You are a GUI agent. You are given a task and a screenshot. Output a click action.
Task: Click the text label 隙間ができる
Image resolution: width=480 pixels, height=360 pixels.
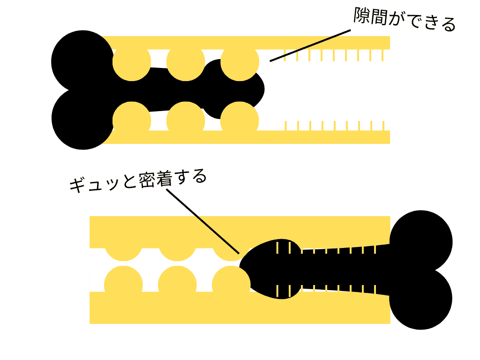405,19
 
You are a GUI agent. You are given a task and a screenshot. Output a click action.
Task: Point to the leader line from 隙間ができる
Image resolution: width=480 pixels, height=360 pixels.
310,45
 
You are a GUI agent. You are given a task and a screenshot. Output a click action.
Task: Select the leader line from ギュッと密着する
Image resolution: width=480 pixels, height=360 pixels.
202,221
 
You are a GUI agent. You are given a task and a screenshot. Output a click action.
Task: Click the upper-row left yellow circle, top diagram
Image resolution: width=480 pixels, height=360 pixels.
132,62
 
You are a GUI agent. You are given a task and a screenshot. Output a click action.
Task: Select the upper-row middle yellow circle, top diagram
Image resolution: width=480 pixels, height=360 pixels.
186,62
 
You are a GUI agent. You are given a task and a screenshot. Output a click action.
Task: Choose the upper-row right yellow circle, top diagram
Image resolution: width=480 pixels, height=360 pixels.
240,62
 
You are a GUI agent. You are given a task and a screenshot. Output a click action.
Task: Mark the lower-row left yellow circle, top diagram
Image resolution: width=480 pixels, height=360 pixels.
132,120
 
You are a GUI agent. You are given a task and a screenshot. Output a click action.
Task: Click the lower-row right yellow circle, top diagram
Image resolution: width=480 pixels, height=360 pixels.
240,120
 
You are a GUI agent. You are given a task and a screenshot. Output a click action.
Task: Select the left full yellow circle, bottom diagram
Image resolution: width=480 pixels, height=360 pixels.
123,285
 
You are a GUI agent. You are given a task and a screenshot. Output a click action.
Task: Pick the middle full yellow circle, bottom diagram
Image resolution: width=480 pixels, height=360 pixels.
177,285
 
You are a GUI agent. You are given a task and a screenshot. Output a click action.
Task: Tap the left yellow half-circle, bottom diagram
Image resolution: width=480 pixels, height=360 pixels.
123,254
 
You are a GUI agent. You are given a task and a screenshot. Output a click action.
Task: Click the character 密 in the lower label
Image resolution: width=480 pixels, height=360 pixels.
148,180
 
